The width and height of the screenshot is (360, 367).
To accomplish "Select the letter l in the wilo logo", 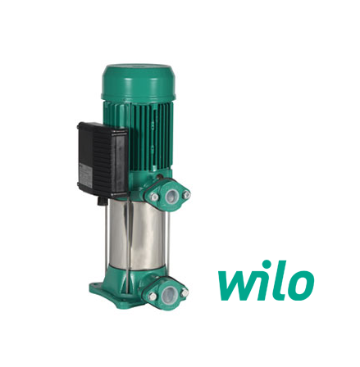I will tap(280, 277).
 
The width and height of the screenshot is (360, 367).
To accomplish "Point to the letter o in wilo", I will tap(300, 284).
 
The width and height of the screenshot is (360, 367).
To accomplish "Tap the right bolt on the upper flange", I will tap(186, 194).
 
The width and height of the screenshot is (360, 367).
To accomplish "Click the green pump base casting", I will tap(123, 291).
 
